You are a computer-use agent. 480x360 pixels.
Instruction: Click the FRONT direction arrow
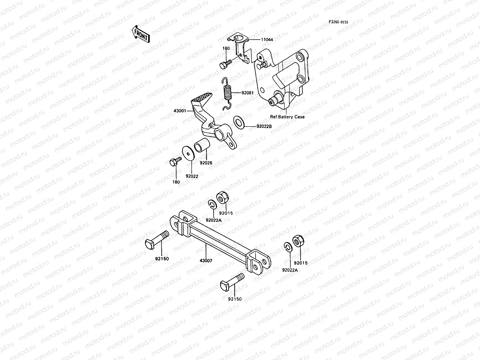[140, 33]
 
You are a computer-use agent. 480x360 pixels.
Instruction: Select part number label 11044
[267, 39]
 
